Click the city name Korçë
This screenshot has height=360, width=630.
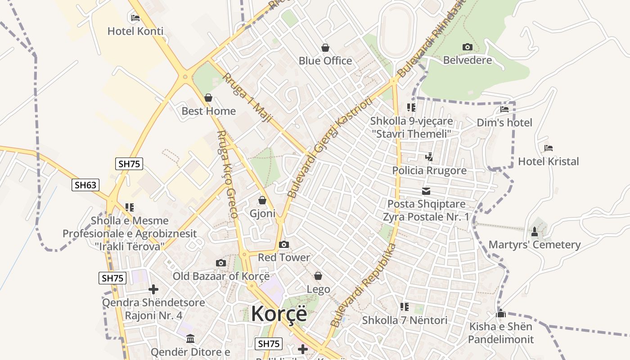click(x=279, y=314)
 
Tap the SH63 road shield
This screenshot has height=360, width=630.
click(x=85, y=184)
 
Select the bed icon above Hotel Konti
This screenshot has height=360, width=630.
click(x=135, y=18)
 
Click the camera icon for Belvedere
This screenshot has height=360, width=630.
click(x=468, y=47)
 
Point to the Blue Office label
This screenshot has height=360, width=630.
click(x=325, y=61)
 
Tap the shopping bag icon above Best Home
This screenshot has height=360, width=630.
click(x=208, y=98)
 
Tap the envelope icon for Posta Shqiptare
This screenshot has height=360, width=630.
click(x=426, y=191)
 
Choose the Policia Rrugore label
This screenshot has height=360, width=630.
click(x=429, y=171)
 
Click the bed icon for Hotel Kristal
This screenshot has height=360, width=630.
click(x=548, y=148)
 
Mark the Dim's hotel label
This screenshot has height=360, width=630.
click(x=504, y=122)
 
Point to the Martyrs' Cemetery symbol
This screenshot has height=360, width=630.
click(x=535, y=232)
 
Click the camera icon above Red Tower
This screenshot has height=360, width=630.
click(x=283, y=245)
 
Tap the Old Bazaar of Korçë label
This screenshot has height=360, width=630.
click(x=221, y=276)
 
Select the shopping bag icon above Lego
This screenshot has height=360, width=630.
click(x=318, y=276)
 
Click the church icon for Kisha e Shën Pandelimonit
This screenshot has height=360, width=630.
click(x=501, y=313)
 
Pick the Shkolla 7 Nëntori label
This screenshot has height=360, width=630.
click(x=405, y=320)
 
